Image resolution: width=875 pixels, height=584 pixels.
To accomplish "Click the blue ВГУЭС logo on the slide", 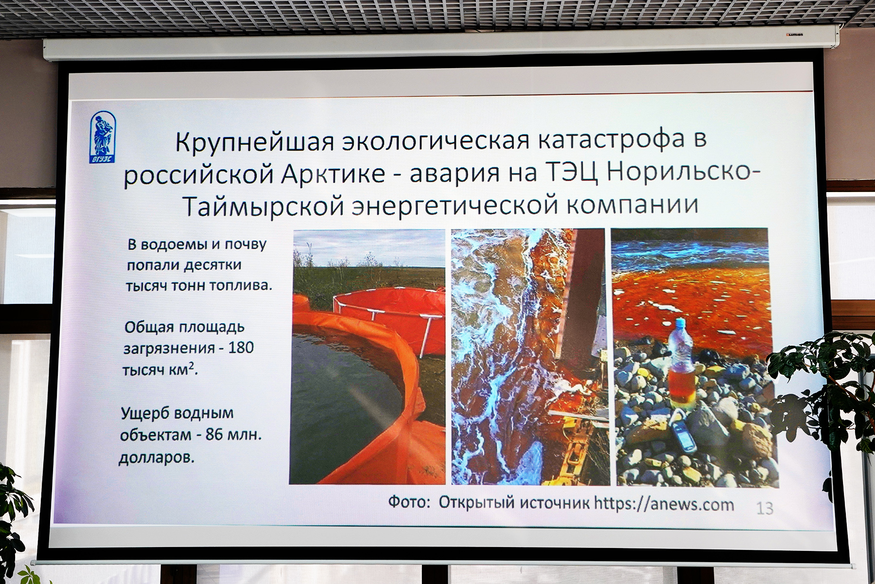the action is (103, 137).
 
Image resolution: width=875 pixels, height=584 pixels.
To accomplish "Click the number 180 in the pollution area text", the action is (241, 348).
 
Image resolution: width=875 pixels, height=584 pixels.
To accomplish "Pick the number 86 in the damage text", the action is (214, 434).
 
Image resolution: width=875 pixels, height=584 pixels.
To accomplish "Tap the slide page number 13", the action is (765, 509).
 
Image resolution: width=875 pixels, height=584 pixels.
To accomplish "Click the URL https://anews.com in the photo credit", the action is (664, 504).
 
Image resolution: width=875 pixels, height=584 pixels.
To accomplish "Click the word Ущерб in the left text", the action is (144, 414).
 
